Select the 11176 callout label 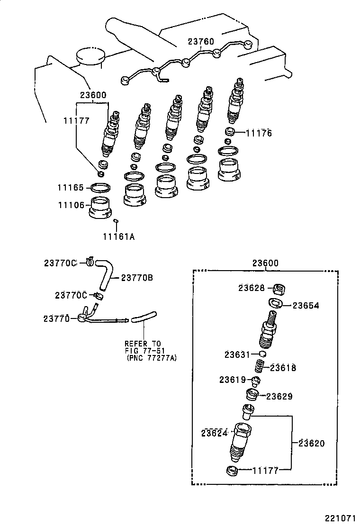[259, 133]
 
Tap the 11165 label [71, 188]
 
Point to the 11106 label [71, 205]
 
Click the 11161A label [118, 236]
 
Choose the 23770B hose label [137, 278]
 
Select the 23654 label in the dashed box [306, 306]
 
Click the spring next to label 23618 [260, 366]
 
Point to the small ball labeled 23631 [262, 354]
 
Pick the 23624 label [215, 432]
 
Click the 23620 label [312, 443]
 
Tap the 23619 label [232, 379]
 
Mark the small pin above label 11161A [116, 220]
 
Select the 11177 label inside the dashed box [265, 470]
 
